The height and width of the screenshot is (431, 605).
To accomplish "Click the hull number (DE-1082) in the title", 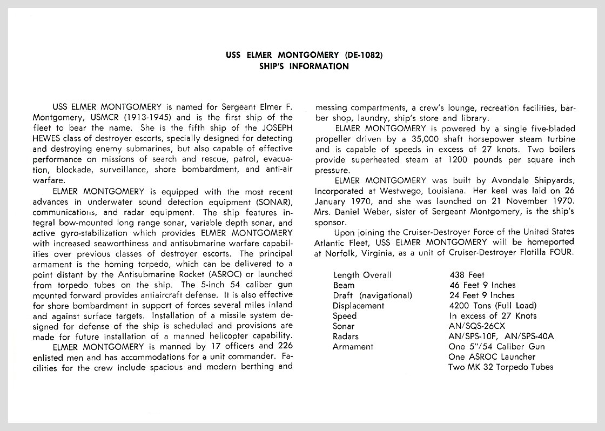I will (x=364, y=55).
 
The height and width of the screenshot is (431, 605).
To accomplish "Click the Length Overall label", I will (x=362, y=275).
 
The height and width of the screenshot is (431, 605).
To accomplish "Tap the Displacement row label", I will (x=359, y=306).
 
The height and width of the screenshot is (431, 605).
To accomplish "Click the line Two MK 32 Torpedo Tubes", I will (x=501, y=367).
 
